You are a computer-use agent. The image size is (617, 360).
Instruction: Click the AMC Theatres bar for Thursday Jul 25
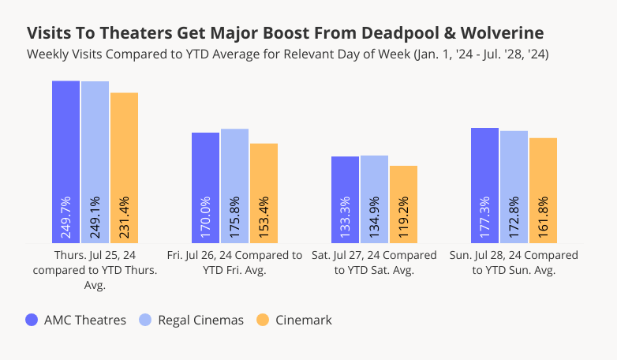[x=66, y=162]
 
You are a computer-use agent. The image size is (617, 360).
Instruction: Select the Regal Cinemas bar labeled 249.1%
[x=95, y=162]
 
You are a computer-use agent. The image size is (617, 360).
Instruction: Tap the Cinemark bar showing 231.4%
[x=124, y=167]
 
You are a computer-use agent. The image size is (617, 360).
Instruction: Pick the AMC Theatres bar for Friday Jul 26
[x=206, y=188]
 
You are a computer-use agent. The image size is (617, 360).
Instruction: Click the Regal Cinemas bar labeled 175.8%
[x=234, y=186]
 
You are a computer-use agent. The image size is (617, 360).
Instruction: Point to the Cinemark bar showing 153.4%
[x=264, y=193]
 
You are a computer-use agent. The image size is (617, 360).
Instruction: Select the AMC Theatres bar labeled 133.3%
[x=345, y=200]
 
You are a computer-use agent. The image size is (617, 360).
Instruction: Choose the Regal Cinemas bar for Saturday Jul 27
[x=374, y=199]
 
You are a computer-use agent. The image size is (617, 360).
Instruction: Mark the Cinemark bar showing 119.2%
[x=403, y=204]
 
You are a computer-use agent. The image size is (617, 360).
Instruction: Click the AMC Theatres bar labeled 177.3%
[x=484, y=186]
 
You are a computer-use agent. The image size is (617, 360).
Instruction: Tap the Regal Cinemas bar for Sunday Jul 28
[x=514, y=187]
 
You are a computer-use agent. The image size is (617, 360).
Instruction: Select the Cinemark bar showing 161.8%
[x=543, y=190]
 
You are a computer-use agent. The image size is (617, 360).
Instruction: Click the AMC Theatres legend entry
[x=76, y=320]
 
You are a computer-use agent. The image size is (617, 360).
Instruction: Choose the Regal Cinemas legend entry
[x=192, y=320]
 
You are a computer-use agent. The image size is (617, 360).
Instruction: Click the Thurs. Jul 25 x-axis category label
[x=95, y=270]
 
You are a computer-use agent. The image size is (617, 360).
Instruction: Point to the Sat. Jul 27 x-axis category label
[x=374, y=263]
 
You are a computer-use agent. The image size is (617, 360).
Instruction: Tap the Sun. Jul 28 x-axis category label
[x=514, y=263]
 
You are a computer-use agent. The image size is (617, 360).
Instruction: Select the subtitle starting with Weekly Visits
[x=288, y=54]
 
